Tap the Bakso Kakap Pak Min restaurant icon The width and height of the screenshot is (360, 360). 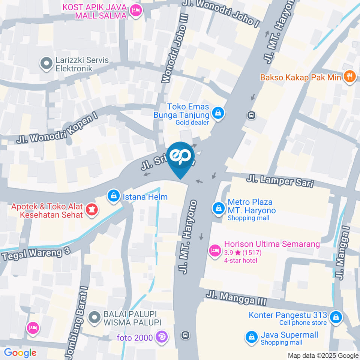349,78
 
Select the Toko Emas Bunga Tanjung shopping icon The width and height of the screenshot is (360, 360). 217,112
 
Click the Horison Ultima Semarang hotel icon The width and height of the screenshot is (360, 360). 215,250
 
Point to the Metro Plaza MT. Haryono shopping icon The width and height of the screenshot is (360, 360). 218,208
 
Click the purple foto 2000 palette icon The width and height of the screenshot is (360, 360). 162,337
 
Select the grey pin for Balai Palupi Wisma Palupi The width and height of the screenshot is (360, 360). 94,318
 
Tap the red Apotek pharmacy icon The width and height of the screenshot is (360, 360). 90,210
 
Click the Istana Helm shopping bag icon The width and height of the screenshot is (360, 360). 113,196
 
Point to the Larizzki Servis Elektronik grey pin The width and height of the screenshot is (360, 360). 46,64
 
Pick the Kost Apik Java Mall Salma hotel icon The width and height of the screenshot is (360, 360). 135,11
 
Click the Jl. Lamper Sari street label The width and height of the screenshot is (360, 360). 279,181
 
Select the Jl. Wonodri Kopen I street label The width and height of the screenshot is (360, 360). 57,129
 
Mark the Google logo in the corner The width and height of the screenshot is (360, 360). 20,352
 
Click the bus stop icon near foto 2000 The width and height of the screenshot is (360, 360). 185,335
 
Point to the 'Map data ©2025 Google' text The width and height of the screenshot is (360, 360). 323,355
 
